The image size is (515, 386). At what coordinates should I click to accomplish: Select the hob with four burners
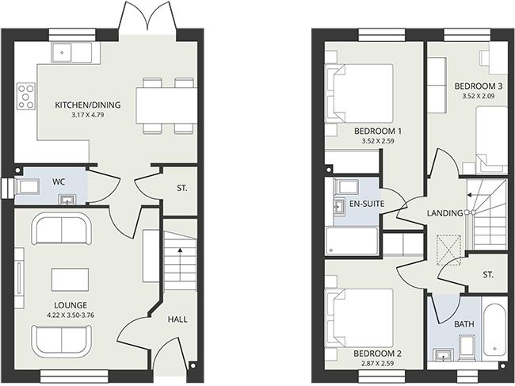pyautogui.click(x=26, y=94)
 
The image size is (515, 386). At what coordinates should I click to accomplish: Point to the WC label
pyautogui.click(x=59, y=182)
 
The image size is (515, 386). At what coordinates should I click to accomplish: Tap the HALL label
pyautogui.click(x=178, y=319)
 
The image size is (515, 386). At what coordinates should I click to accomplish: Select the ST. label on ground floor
pyautogui.click(x=181, y=190)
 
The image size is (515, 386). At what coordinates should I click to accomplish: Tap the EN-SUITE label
pyautogui.click(x=367, y=204)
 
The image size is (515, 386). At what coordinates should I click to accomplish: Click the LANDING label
pyautogui.click(x=444, y=212)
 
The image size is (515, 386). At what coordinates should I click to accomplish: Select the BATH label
pyautogui.click(x=463, y=324)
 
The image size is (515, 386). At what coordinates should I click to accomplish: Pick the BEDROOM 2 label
pyautogui.click(x=377, y=354)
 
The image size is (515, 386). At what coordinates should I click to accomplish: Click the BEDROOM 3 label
pyautogui.click(x=478, y=86)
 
